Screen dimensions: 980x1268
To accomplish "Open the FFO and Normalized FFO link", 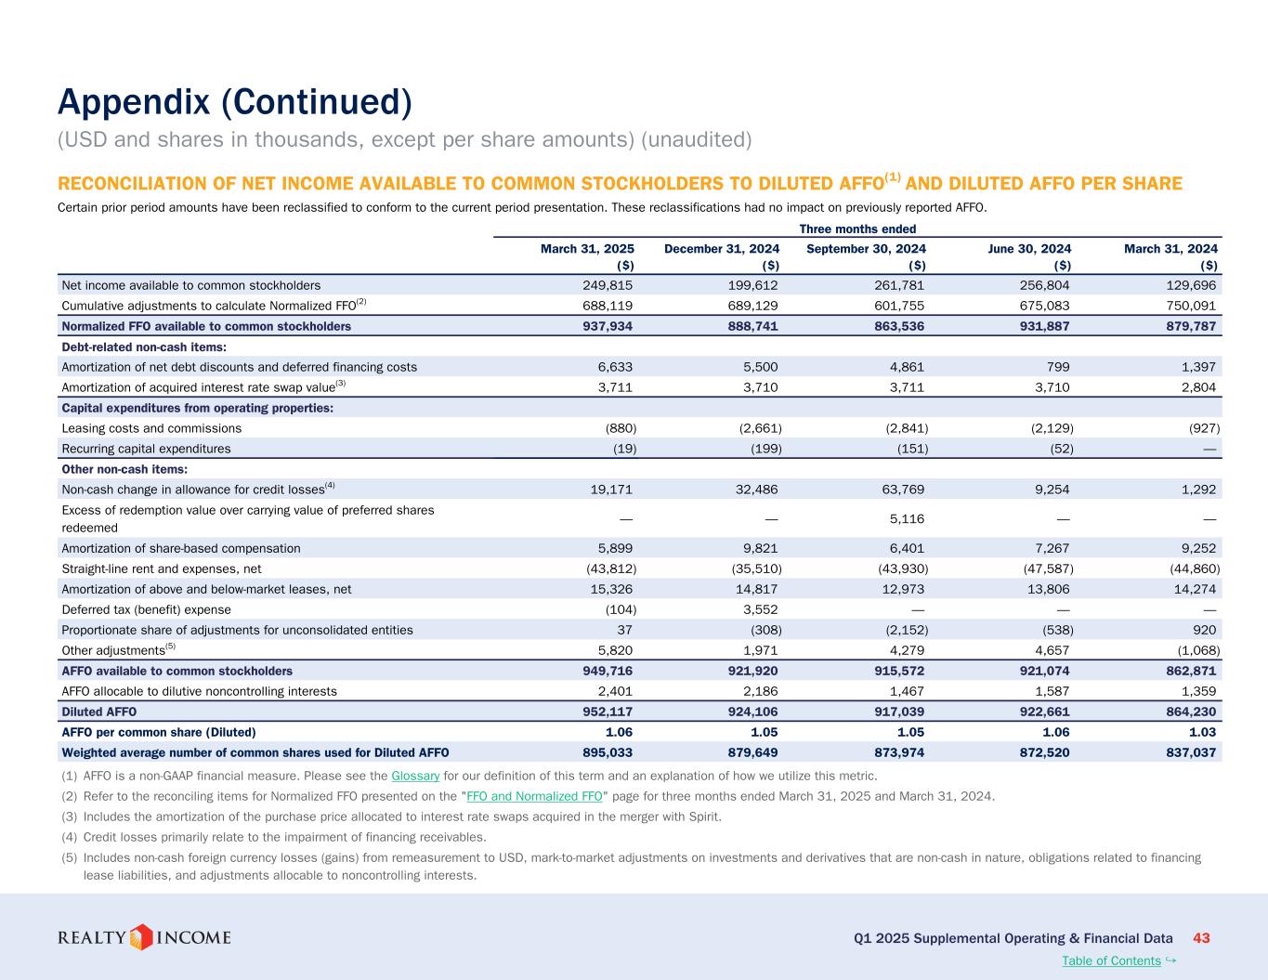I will [x=534, y=796].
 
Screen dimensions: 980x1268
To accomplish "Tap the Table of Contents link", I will [x=1111, y=960].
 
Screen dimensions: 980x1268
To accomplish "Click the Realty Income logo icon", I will [x=140, y=936].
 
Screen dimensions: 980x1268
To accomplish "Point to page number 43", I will [x=1201, y=938].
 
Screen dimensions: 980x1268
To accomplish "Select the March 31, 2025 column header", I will [x=587, y=249].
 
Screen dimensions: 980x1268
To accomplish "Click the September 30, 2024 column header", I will [x=866, y=249].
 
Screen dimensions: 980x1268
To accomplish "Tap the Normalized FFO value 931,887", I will [x=1040, y=326].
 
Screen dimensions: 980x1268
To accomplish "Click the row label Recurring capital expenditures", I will [x=146, y=449].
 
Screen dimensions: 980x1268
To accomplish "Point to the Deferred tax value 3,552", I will [x=759, y=609].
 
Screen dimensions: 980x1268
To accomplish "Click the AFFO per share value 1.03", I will [x=1200, y=732].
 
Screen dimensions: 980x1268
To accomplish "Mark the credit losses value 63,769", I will [x=899, y=489].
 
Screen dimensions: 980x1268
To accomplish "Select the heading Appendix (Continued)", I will [x=234, y=102].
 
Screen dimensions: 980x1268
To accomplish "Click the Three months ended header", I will [x=857, y=229].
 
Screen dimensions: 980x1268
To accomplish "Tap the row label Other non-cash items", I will [x=124, y=469].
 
